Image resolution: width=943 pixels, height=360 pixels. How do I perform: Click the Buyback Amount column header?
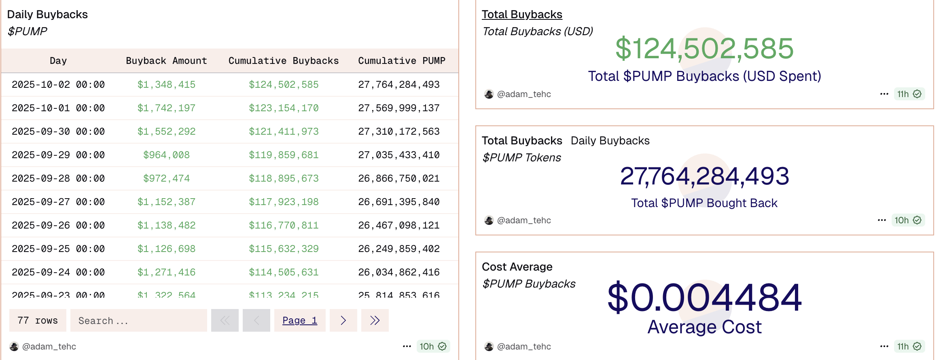pyautogui.click(x=166, y=61)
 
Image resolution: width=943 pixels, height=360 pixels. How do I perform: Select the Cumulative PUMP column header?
pyautogui.click(x=401, y=61)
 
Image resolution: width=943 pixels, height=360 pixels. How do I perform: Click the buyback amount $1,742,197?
pyautogui.click(x=166, y=108)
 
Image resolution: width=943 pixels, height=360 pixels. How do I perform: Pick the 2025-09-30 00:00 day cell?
pyautogui.click(x=58, y=131)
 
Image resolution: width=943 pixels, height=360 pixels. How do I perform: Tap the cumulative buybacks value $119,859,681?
pyautogui.click(x=284, y=155)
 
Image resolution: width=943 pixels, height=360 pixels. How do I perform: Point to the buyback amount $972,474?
pyautogui.click(x=166, y=178)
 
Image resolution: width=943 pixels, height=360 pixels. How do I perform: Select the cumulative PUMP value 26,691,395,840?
pyautogui.click(x=398, y=202)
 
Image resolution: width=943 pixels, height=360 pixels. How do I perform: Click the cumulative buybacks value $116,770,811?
pyautogui.click(x=284, y=225)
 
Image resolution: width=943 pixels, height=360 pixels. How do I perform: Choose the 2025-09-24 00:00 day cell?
pyautogui.click(x=58, y=272)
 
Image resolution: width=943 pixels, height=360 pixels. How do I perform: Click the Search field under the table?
pyautogui.click(x=138, y=320)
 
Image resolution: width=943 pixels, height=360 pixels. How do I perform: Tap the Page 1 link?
pyautogui.click(x=299, y=320)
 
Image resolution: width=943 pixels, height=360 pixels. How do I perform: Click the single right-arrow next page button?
pyautogui.click(x=343, y=320)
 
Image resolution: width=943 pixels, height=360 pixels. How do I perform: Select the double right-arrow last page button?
pyautogui.click(x=375, y=320)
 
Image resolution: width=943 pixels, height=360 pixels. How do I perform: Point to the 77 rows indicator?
pyautogui.click(x=38, y=320)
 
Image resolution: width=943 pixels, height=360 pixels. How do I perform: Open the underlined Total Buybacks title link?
pyautogui.click(x=522, y=15)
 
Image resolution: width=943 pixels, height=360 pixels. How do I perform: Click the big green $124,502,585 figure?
pyautogui.click(x=704, y=49)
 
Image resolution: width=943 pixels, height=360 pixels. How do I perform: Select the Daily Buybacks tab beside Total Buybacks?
pyautogui.click(x=610, y=141)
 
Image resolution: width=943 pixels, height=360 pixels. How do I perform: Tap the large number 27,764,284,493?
pyautogui.click(x=704, y=176)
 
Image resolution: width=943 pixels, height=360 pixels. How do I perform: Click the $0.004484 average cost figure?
pyautogui.click(x=704, y=298)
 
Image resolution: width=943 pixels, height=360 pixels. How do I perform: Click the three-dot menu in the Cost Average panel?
pyautogui.click(x=884, y=346)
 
